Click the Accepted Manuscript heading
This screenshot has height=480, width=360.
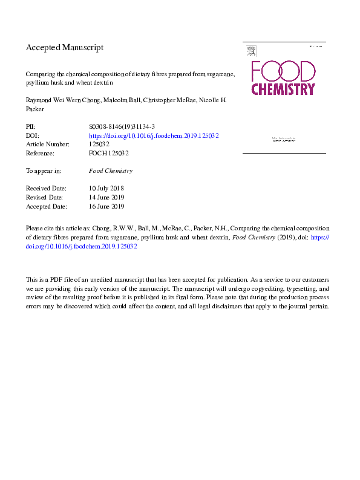pos(65,47)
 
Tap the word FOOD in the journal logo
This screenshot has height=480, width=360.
pos(283,71)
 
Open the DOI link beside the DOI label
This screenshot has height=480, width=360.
pos(154,136)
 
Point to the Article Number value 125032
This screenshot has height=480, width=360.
pos(99,144)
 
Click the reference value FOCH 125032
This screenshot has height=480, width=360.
pos(108,154)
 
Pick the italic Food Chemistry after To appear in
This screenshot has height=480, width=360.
pos(110,171)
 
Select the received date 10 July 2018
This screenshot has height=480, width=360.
pos(106,189)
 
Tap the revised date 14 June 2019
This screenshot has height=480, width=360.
pos(106,198)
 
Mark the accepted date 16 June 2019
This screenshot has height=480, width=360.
pos(106,206)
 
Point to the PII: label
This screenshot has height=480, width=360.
pos(31,128)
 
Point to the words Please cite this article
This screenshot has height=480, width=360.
pos(56,230)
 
